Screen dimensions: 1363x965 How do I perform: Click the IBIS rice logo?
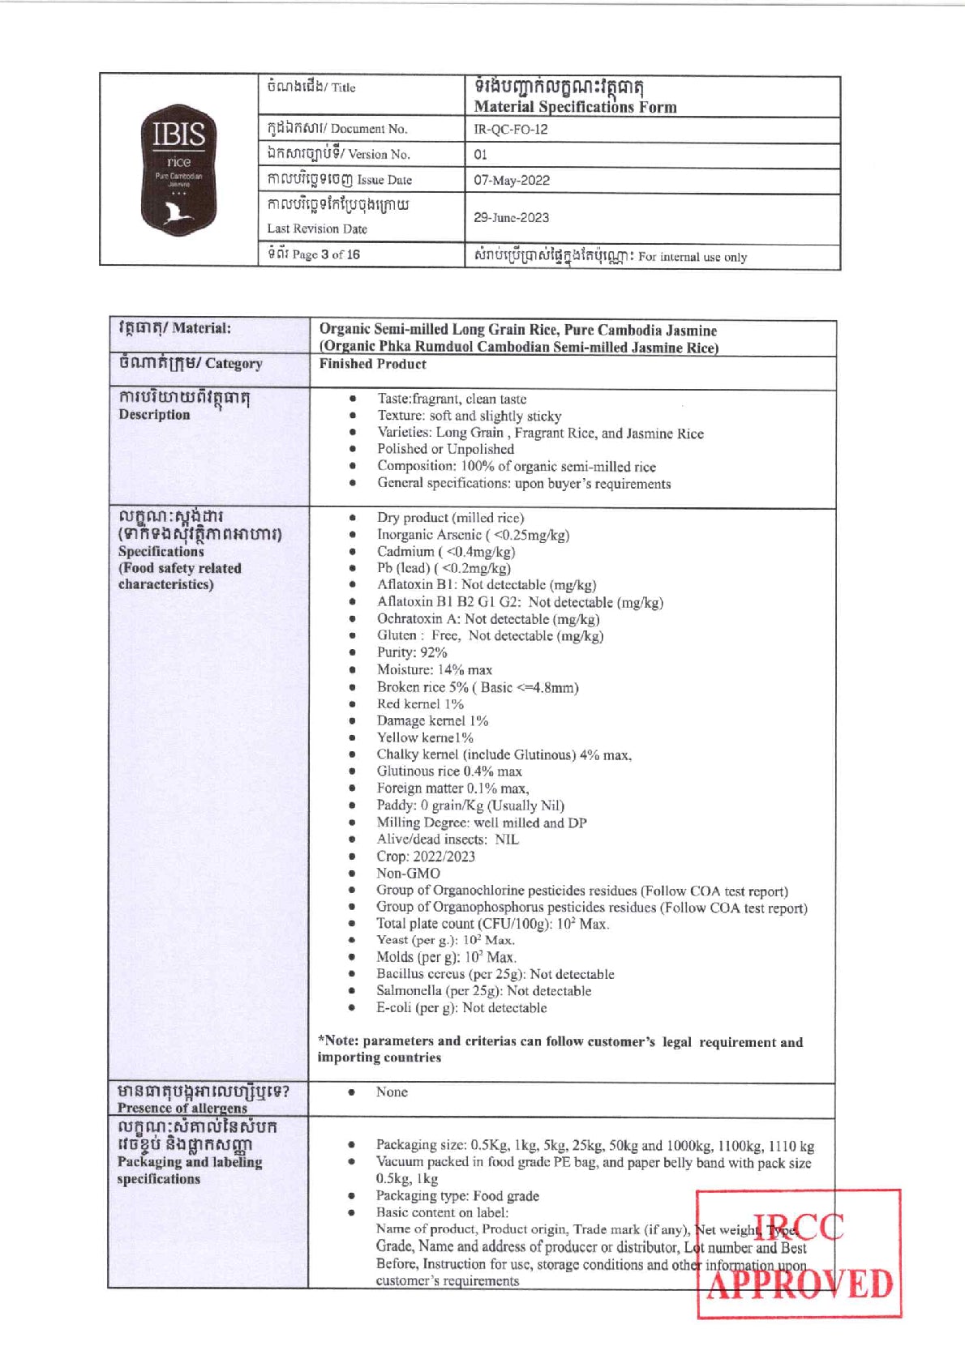[x=178, y=169]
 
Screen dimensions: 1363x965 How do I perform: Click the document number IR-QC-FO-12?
[x=510, y=130]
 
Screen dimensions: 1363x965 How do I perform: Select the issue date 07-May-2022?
[x=512, y=180]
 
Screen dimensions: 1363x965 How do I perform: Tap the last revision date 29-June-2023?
[x=511, y=217]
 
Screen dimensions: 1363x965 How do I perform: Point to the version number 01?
[x=480, y=154]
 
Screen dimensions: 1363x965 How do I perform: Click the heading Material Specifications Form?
[x=575, y=106]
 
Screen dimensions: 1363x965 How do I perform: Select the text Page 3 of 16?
[x=325, y=254]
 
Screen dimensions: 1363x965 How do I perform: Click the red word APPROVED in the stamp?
[x=799, y=1285]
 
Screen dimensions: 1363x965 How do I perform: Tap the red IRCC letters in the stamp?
[x=799, y=1227]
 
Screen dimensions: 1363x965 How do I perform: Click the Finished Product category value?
[x=372, y=364]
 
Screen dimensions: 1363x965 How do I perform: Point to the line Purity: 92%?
[x=411, y=652]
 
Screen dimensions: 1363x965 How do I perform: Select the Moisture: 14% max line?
[x=434, y=669]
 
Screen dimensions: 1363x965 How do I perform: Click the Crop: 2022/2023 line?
[x=425, y=856]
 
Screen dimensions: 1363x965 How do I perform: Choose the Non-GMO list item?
[x=408, y=873]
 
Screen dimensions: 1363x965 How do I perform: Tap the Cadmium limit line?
[x=445, y=552]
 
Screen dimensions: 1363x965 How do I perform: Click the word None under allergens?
[x=391, y=1092]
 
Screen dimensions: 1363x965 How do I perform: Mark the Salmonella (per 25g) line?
[x=483, y=990]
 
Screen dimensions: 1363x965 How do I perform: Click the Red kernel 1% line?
[x=419, y=703]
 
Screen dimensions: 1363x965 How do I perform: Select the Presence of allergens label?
[x=182, y=1108]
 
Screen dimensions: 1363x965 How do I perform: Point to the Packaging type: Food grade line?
[x=457, y=1195]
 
